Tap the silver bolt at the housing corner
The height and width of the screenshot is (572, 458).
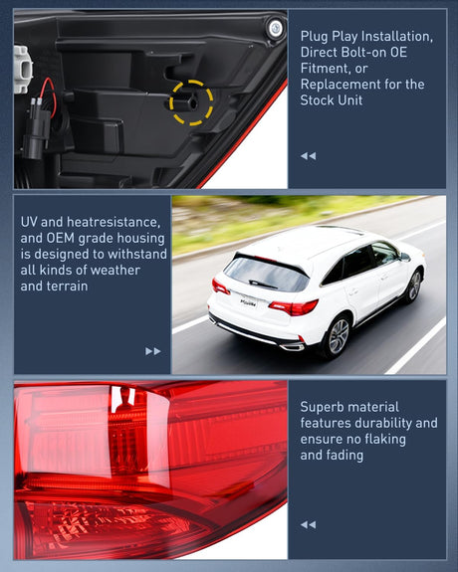click(x=276, y=28)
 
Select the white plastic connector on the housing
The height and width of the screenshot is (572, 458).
click(x=23, y=70)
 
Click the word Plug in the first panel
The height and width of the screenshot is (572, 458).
click(x=314, y=36)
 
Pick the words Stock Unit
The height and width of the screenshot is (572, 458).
click(x=332, y=99)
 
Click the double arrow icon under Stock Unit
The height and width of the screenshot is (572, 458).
click(x=309, y=156)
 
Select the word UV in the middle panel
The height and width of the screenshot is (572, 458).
click(x=29, y=222)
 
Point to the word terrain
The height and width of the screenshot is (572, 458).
click(x=69, y=286)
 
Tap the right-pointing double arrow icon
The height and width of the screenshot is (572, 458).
click(x=153, y=351)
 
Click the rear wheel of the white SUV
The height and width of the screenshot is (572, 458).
click(x=339, y=336)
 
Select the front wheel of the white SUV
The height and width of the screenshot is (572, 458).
click(x=415, y=286)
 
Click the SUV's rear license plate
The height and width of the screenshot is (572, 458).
click(x=249, y=302)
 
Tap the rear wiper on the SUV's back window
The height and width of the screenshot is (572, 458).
click(x=263, y=284)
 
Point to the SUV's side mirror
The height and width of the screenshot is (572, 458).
click(x=404, y=256)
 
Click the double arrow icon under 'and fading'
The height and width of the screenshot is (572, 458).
click(x=309, y=525)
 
